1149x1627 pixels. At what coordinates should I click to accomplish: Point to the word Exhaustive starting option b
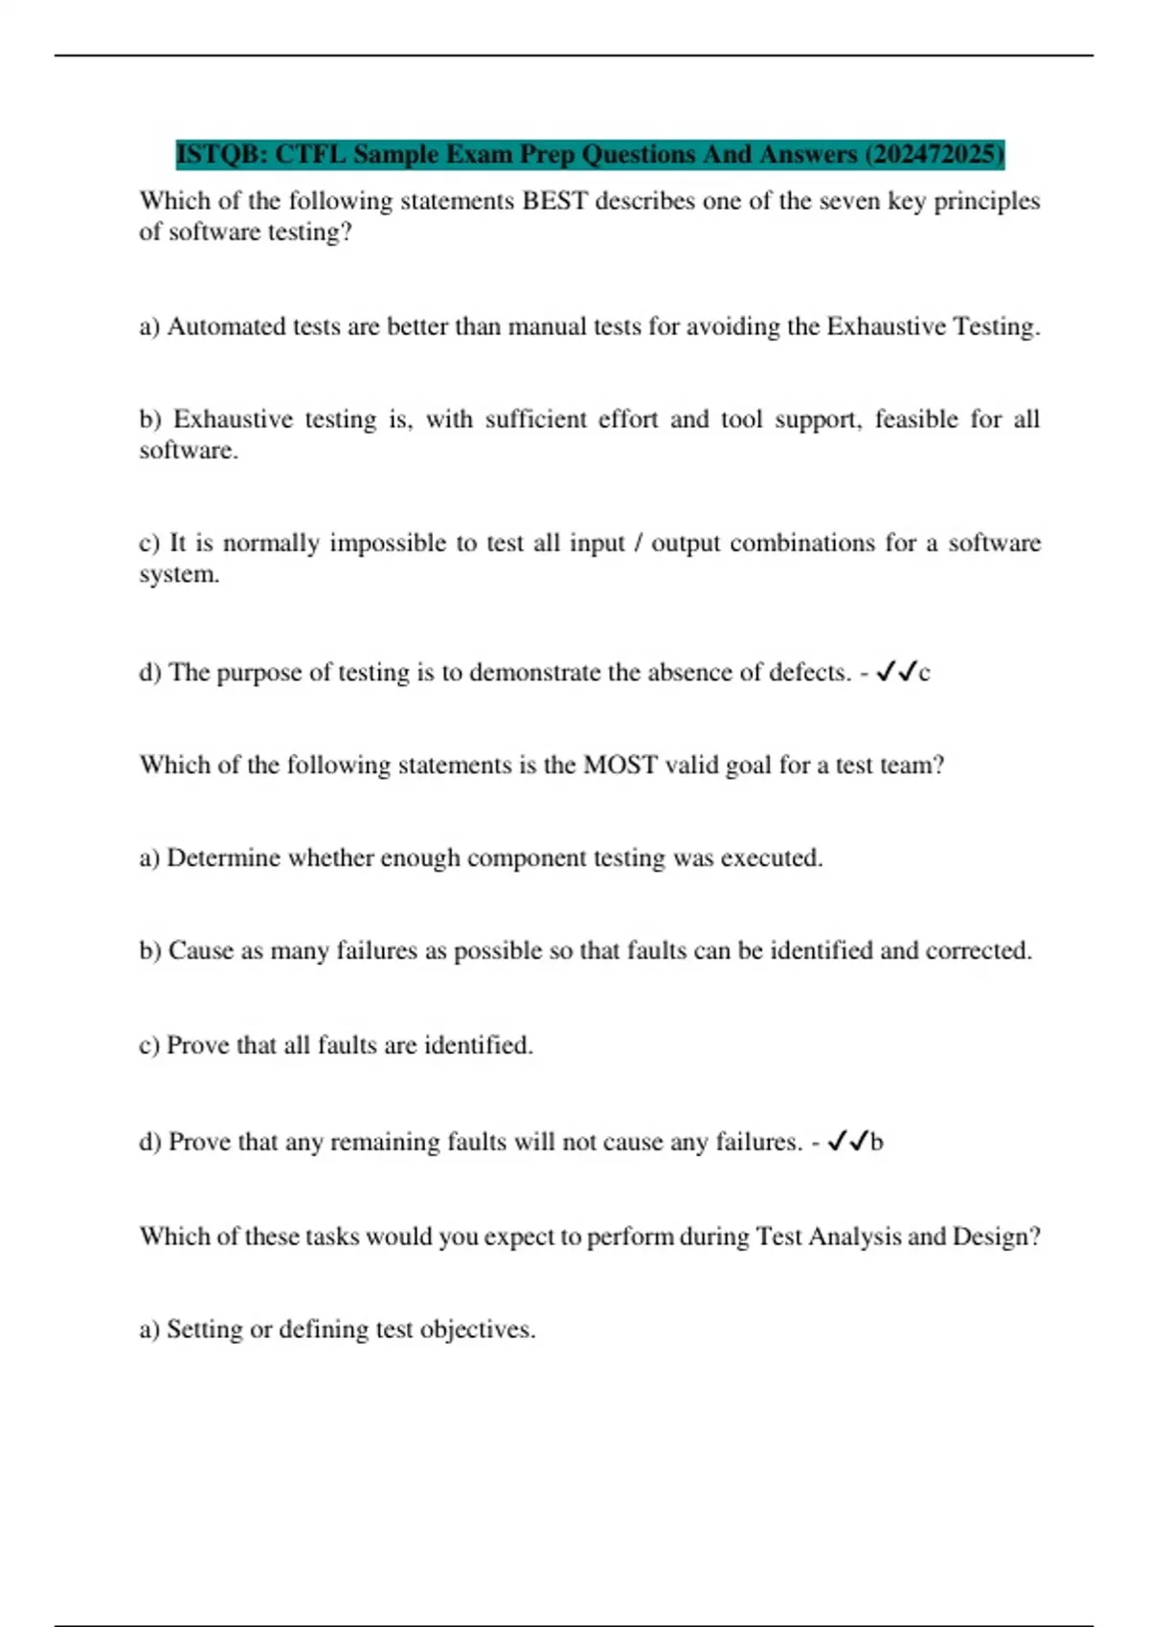click(x=233, y=419)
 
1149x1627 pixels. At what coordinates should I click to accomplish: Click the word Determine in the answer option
click(x=223, y=858)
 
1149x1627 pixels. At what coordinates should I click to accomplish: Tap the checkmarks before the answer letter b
click(x=848, y=1141)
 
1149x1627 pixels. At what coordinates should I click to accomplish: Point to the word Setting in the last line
click(x=204, y=1329)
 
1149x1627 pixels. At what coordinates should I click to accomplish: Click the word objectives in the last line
click(x=477, y=1329)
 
